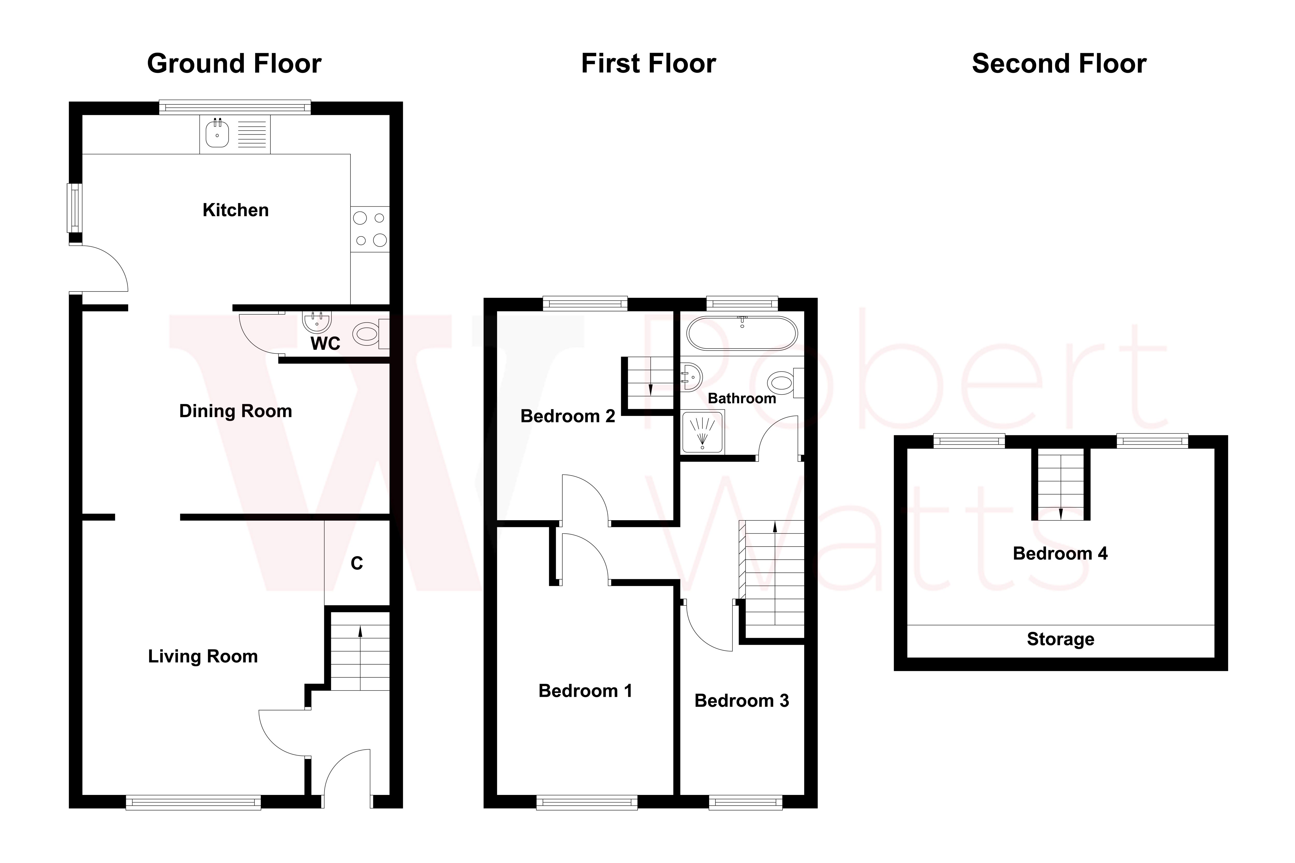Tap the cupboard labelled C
coord(357,563)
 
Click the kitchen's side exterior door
coord(99,269)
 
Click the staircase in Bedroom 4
coord(1060,484)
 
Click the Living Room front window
coord(193,802)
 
